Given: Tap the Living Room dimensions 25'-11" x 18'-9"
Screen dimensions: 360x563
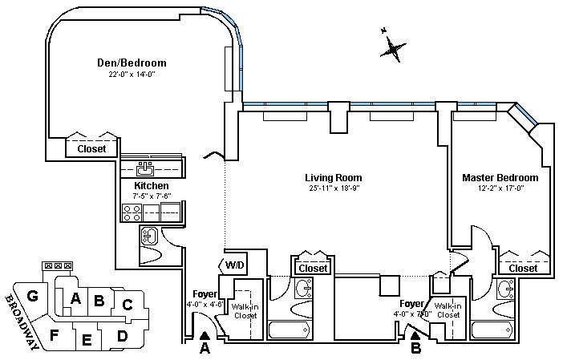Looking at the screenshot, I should [333, 189].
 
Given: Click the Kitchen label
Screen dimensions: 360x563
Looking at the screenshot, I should [151, 185].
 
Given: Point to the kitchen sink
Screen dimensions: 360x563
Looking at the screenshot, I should [146, 168].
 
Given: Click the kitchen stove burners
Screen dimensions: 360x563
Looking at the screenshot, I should [132, 212].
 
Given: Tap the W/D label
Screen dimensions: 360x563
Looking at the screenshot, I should [234, 265].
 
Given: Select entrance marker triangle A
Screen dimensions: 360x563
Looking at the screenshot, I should [205, 338].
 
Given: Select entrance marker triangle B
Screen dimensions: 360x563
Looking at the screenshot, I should [415, 337].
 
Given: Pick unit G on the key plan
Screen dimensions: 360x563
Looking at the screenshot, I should [33, 296].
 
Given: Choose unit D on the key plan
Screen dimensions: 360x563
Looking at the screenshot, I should [122, 335].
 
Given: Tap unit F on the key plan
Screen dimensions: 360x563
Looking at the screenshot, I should [55, 334].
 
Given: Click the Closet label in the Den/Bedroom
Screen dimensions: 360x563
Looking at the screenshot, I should [91, 148].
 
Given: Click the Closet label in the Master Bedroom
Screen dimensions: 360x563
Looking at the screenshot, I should [524, 269].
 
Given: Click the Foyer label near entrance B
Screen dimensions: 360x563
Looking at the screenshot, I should [413, 304].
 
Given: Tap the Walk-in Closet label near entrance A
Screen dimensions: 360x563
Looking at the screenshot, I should [245, 309].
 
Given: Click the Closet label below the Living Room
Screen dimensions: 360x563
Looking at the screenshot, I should [312, 268].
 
